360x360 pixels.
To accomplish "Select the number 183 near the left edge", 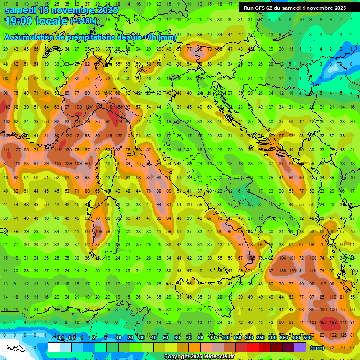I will (x=7, y=107).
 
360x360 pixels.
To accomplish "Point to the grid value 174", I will (x=121, y=122).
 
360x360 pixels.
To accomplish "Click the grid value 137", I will (x=68, y=136).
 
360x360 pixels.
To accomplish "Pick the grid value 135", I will (x=283, y=270).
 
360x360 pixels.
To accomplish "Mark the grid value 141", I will (x=344, y=322).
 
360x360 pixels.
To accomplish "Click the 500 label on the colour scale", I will (x=307, y=338).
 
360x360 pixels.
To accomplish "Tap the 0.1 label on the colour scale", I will (x=61, y=338).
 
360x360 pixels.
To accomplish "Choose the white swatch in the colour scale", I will (x=54, y=347).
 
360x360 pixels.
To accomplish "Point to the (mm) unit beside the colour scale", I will (x=317, y=348).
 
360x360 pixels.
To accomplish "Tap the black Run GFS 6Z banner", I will (x=295, y=7).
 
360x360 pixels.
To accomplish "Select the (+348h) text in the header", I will (x=83, y=21).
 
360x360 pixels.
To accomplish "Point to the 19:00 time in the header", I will (x=18, y=21).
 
